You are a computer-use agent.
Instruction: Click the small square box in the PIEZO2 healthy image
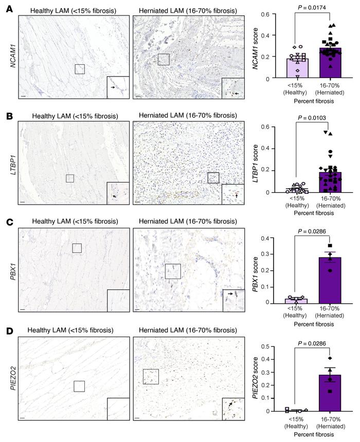point(79,386)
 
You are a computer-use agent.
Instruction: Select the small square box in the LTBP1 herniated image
point(213,178)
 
